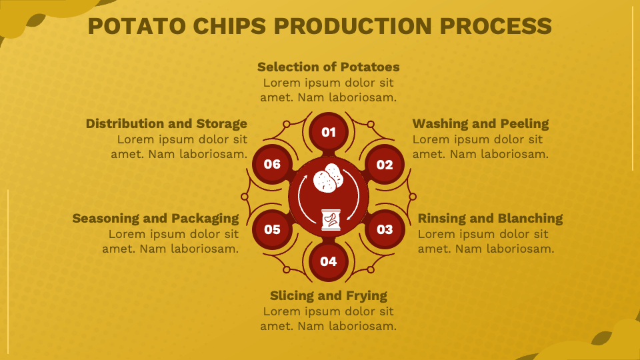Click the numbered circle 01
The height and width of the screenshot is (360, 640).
click(x=329, y=132)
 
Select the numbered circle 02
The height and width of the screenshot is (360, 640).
click(x=385, y=165)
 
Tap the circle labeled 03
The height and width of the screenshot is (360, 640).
click(x=385, y=229)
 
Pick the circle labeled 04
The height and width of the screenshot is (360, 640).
click(x=329, y=261)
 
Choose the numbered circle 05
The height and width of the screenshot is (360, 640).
click(x=272, y=229)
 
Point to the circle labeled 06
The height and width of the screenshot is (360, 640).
click(x=272, y=164)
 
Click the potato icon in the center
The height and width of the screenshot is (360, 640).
click(x=329, y=178)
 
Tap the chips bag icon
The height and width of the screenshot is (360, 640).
click(x=330, y=219)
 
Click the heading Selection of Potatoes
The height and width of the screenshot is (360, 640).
click(x=329, y=67)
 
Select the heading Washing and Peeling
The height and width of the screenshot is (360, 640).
click(x=481, y=123)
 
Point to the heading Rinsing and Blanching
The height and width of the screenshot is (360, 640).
click(x=490, y=218)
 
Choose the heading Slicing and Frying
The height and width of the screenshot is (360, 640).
click(x=329, y=295)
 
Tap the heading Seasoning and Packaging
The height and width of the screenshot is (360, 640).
click(x=155, y=218)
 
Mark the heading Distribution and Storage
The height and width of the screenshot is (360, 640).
click(x=167, y=123)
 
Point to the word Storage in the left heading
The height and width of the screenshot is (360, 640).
click(x=221, y=123)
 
